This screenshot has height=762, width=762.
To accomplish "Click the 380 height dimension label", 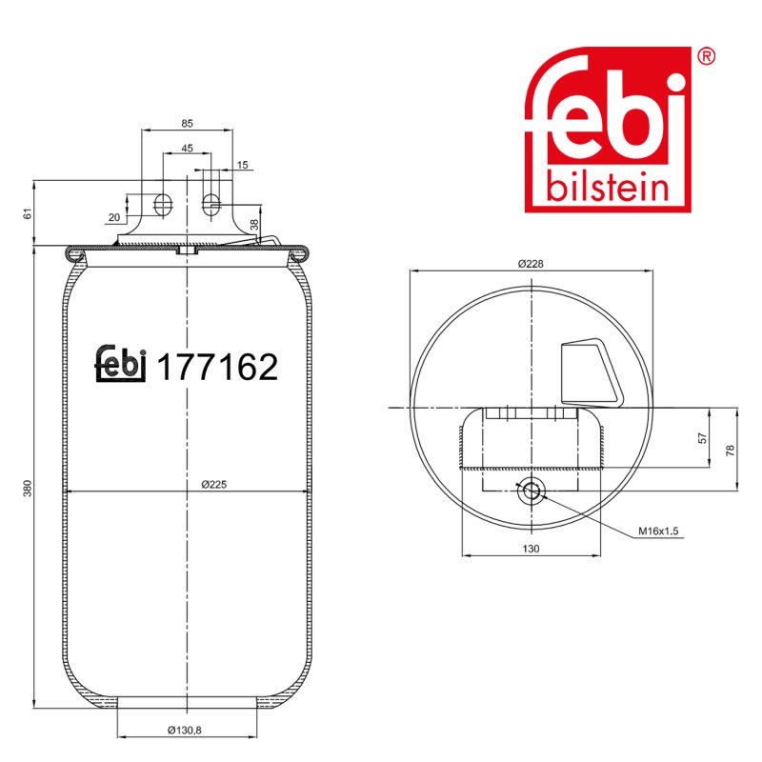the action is coord(29,488).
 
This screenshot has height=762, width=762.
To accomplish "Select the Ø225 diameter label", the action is coord(214,484).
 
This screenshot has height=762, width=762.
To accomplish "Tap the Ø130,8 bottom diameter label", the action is coord(185,730).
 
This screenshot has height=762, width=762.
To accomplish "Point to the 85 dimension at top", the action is coord(187,124).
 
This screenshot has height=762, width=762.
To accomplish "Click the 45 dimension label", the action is coord(187,148).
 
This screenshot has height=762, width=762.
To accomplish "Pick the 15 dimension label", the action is coord(243,165).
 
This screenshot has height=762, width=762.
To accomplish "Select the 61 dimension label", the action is coord(29,212).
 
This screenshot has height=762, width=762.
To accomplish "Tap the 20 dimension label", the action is coord(114,217).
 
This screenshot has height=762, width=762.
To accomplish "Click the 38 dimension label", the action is coord(254,225).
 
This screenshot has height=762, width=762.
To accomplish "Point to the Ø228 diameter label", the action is coord(531,264).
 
